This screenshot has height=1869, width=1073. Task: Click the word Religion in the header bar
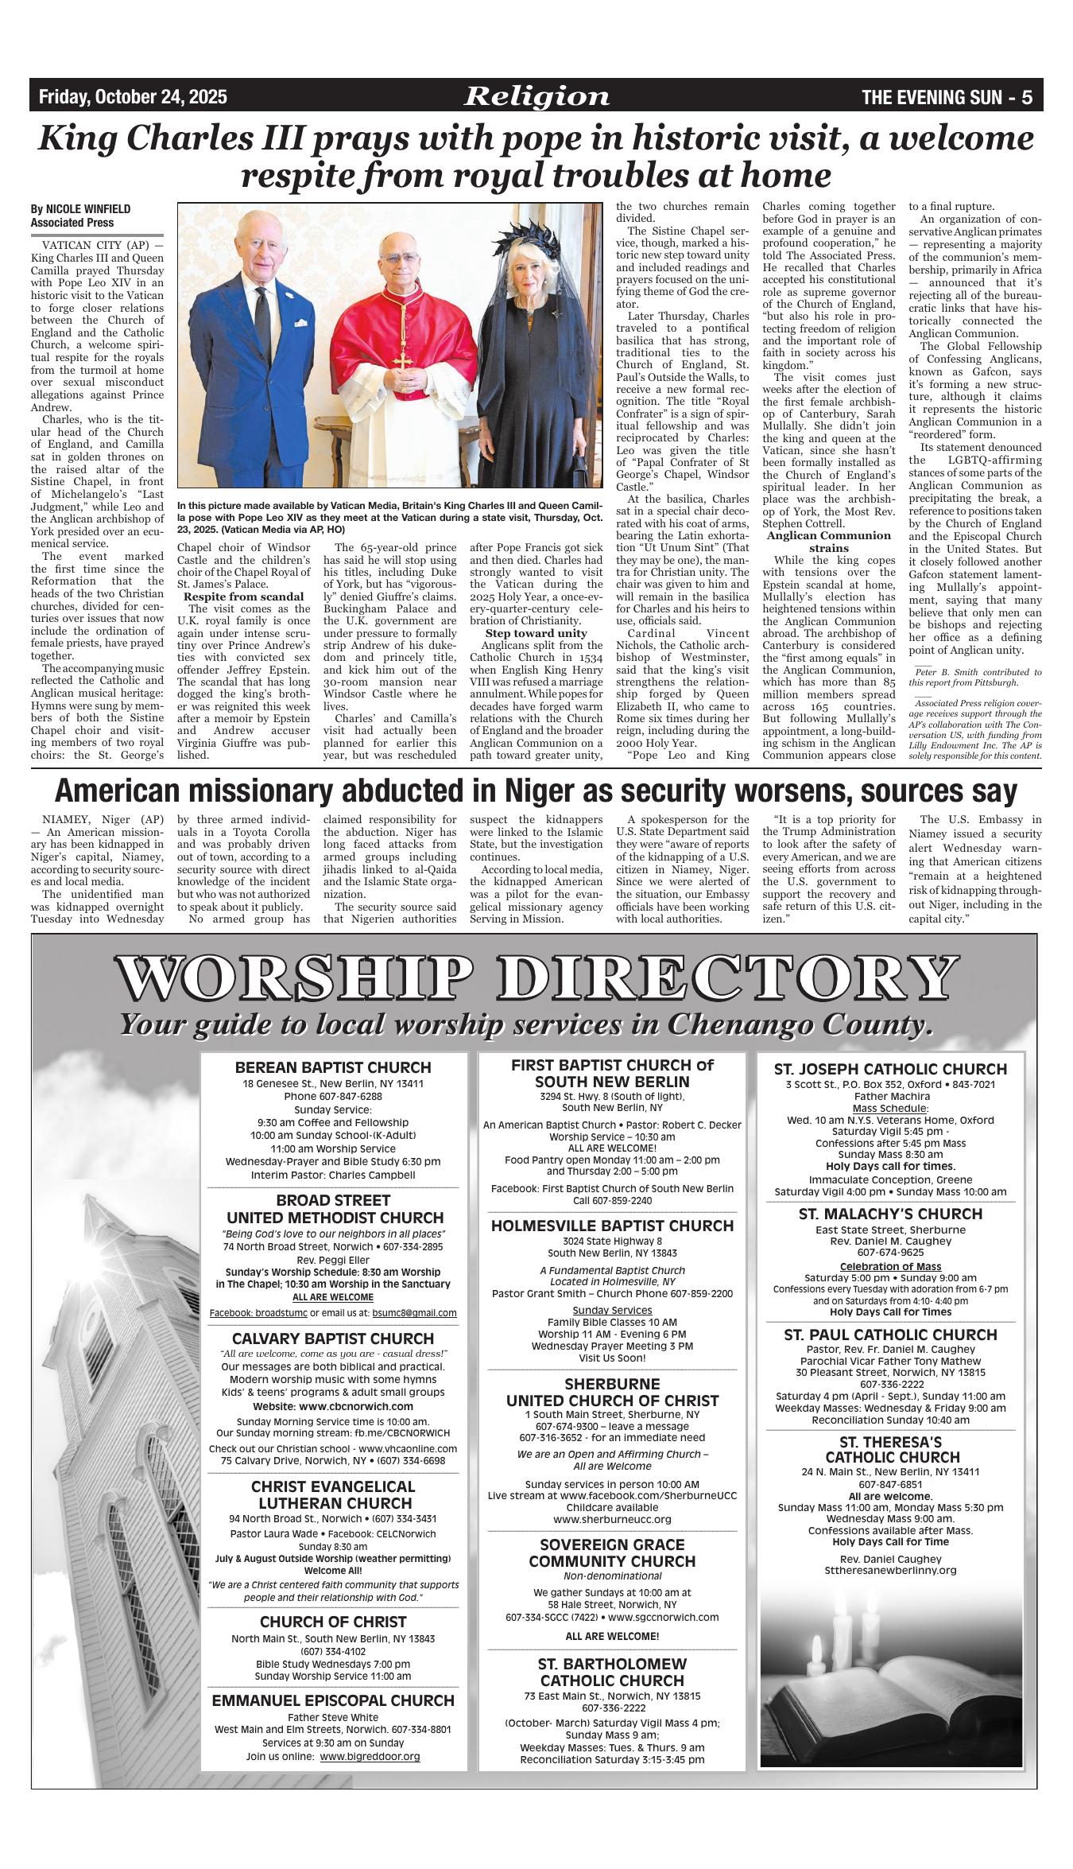pos(537,97)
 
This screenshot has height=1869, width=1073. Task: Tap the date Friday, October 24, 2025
pos(133,97)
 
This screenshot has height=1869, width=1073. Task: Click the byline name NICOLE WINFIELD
pos(87,209)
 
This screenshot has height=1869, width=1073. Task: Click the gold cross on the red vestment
pos(403,359)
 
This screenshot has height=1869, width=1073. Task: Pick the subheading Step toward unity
pos(525,633)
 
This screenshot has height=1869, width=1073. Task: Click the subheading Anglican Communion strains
pos(828,542)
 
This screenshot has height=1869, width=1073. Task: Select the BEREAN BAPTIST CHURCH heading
pos(333,1067)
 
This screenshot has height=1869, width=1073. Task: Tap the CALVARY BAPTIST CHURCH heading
pos(333,1339)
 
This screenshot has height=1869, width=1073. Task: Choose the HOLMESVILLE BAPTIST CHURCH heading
pos(612,1226)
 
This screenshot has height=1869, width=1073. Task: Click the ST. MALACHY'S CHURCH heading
pos(890,1214)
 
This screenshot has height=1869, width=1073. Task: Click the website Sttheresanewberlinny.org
pos(890,1570)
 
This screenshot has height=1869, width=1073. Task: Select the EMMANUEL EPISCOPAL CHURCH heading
pos(333,1700)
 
